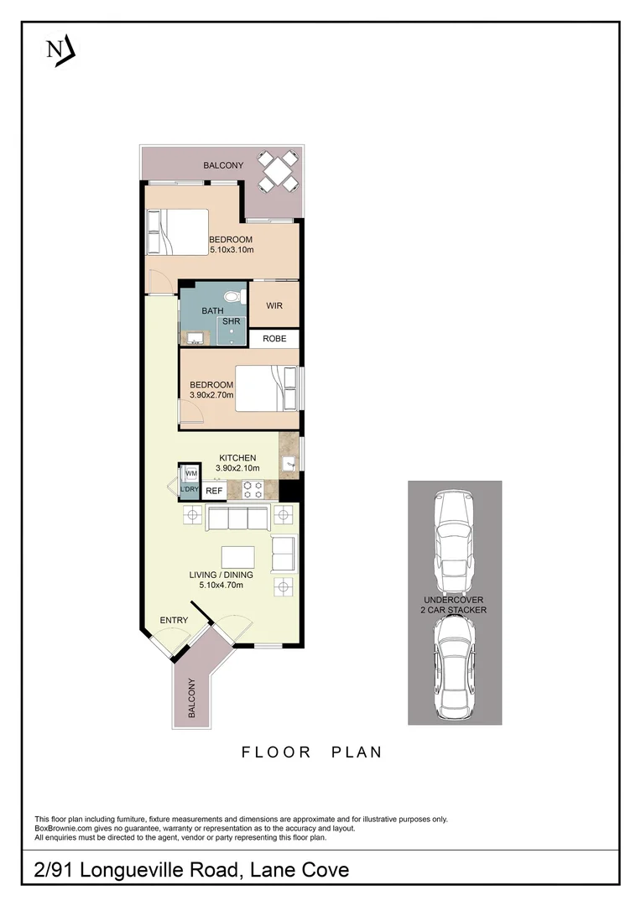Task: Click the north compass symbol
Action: click(x=59, y=49)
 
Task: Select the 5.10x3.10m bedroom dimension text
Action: click(x=231, y=250)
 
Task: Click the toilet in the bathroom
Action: click(x=237, y=297)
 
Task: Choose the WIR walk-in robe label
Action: click(x=274, y=306)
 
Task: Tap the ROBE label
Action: click(x=274, y=339)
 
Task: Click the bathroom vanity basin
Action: click(x=195, y=338)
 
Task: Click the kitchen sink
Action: click(x=289, y=462)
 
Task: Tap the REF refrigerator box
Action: click(x=214, y=491)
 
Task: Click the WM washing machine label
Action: click(x=190, y=473)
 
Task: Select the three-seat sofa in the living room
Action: click(x=237, y=518)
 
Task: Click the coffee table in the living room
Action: click(x=237, y=557)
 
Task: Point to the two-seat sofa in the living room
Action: click(x=284, y=553)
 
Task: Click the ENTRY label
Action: click(x=174, y=620)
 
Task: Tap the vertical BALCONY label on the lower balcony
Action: click(x=191, y=698)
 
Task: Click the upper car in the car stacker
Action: click(x=454, y=542)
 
